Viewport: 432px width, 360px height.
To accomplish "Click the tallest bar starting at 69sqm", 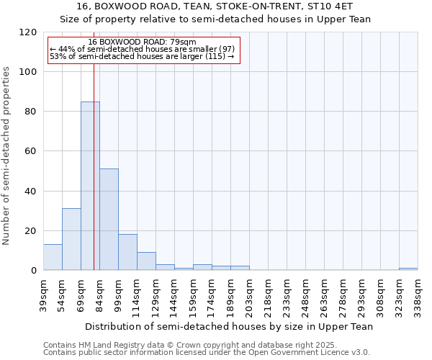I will (x=90, y=186).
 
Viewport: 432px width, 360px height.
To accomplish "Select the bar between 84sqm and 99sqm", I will (x=109, y=220).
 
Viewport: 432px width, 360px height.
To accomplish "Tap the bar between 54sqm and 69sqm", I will (x=71, y=239).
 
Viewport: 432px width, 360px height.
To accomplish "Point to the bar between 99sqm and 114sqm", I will (x=127, y=252).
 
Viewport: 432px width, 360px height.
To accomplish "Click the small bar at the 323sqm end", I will (x=408, y=269).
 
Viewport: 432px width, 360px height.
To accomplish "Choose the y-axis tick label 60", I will (x=31, y=151).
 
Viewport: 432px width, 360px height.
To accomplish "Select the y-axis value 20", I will (x=31, y=230).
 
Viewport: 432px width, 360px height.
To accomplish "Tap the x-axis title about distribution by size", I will (x=229, y=326).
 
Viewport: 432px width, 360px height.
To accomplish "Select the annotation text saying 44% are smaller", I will (x=143, y=49).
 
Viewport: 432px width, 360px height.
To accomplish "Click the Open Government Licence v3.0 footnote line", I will (x=206, y=352).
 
